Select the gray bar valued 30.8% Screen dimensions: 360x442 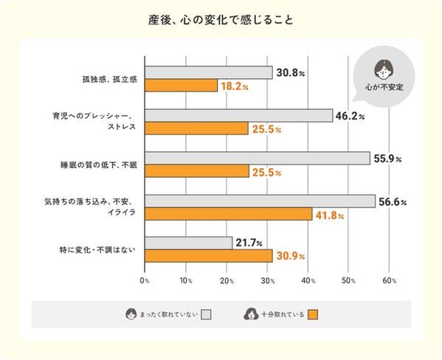pos(208,73)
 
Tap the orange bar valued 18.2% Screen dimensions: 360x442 pos(182,86)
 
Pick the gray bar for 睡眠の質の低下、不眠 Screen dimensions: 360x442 pos(257,158)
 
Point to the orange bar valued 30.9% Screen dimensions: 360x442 pos(208,256)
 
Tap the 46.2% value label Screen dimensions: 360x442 pos(351,116)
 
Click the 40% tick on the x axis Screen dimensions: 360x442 pos(308,280)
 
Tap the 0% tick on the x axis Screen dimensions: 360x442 pos(145,280)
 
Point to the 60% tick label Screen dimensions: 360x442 pos(390,280)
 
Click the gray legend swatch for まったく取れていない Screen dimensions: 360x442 pos(206,315)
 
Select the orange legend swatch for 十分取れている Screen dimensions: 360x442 pos(312,315)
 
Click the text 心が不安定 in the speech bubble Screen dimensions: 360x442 pos(384,86)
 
